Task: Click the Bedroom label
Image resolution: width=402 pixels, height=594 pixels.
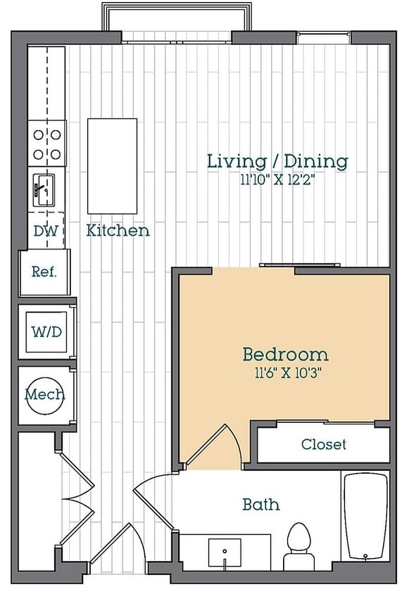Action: pyautogui.click(x=285, y=354)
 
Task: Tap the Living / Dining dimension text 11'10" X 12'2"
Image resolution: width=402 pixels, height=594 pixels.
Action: pyautogui.click(x=277, y=179)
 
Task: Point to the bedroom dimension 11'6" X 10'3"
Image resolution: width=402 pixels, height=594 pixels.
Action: pyautogui.click(x=288, y=373)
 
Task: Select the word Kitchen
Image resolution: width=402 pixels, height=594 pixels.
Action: pyautogui.click(x=118, y=230)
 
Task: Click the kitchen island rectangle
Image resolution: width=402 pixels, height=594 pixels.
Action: pyautogui.click(x=112, y=166)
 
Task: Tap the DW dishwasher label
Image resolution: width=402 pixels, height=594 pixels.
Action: pyautogui.click(x=46, y=231)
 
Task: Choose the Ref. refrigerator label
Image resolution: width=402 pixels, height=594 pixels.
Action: pyautogui.click(x=44, y=271)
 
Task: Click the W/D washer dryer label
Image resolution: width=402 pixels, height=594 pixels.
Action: pyautogui.click(x=46, y=332)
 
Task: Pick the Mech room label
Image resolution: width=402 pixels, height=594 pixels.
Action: pyautogui.click(x=45, y=394)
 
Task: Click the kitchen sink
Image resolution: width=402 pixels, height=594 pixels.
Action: pyautogui.click(x=44, y=190)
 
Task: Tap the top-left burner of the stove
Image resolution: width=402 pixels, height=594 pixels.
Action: pyautogui.click(x=38, y=134)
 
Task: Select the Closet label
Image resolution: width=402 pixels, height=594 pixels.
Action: pyautogui.click(x=324, y=444)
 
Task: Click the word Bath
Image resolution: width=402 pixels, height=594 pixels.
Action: pyautogui.click(x=261, y=504)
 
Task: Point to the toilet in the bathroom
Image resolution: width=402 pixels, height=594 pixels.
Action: pyautogui.click(x=299, y=546)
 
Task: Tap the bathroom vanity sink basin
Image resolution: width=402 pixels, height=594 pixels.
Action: pyautogui.click(x=225, y=552)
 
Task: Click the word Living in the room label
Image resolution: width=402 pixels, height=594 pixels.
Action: pyautogui.click(x=237, y=161)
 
